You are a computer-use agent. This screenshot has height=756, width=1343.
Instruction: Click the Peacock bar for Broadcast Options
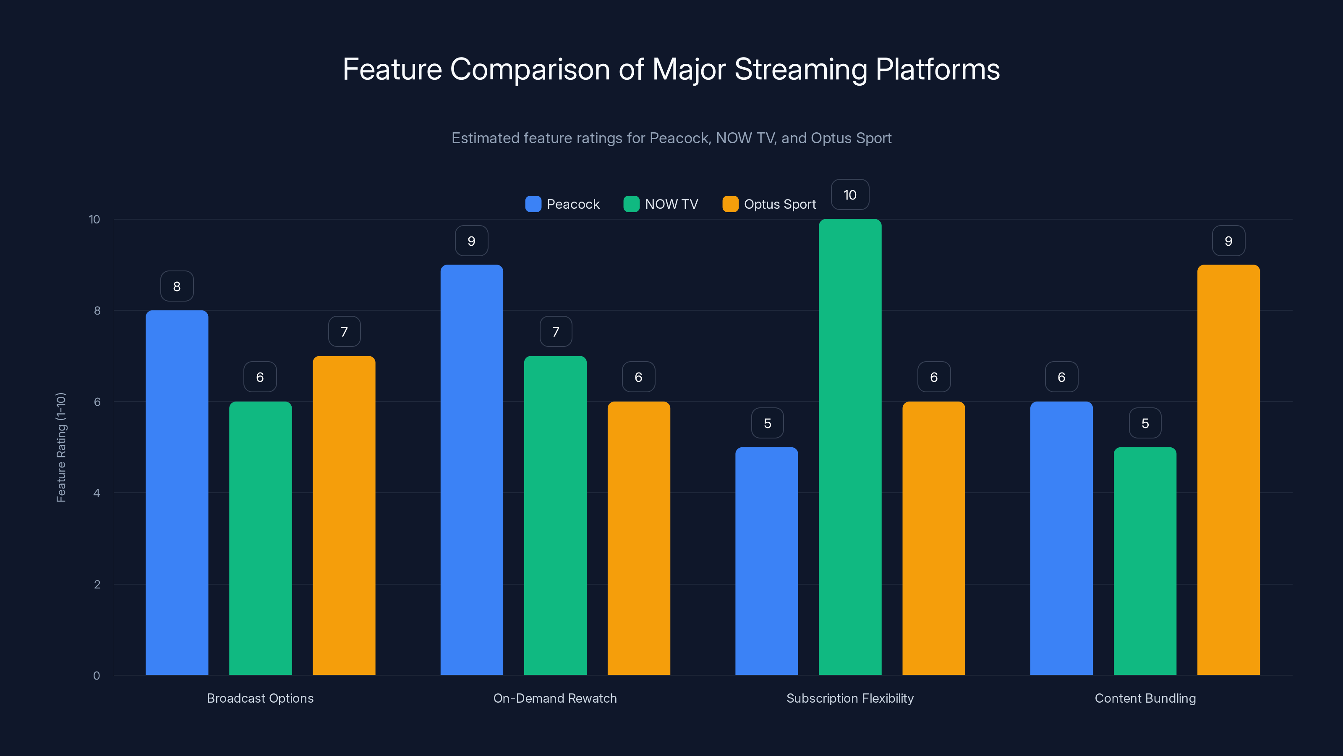(177, 493)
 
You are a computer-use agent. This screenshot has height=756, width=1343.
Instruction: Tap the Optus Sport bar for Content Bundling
(1228, 470)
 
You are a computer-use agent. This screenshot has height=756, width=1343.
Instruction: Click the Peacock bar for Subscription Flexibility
(766, 561)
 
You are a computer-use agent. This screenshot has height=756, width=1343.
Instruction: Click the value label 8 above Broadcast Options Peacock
(177, 286)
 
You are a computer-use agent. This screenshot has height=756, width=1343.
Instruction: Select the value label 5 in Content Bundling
(1145, 423)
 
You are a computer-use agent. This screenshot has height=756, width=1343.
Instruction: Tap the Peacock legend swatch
(533, 204)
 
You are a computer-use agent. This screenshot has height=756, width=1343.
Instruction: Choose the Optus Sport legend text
(779, 204)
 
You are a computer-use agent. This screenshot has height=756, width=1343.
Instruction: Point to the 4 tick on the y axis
(97, 493)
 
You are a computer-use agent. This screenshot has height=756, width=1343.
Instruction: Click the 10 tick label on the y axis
(94, 219)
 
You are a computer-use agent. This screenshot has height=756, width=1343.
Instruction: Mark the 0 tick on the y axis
(97, 676)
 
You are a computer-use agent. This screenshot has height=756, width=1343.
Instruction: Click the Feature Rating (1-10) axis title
(61, 447)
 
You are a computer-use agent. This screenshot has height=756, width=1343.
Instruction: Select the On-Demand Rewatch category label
(555, 698)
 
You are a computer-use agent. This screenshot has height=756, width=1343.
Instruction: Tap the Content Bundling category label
(1145, 698)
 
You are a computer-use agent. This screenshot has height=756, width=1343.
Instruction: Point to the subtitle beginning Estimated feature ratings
(671, 138)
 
